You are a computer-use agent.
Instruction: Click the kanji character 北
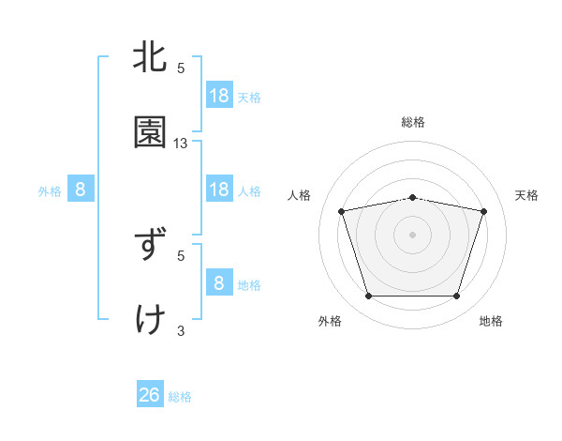coord(151,57)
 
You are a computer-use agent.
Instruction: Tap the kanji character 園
coord(151,132)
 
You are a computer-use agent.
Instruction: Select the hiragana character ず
coord(151,245)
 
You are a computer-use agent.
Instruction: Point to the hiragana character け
coord(151,320)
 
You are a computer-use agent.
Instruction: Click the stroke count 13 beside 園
coord(181,144)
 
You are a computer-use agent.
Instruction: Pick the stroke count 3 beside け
coord(181,330)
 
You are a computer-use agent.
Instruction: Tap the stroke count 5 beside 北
coord(181,68)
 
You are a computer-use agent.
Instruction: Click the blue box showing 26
coord(150,395)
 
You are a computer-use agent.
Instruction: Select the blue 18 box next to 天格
coord(219,95)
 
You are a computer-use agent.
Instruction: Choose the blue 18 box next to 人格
coord(219,189)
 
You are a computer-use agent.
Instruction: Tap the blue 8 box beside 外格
coord(81,190)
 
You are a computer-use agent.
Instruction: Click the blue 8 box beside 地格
coord(219,282)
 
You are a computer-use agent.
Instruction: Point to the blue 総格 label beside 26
coord(180,397)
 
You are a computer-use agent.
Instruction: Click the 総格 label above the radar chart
coord(413,122)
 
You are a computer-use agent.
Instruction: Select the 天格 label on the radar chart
coord(527,195)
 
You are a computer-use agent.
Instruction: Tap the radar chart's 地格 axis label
coord(491,321)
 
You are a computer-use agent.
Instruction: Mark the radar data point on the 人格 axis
coord(342,211)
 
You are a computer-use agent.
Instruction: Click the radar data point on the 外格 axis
coord(368,297)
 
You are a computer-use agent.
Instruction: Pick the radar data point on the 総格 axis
coord(413,197)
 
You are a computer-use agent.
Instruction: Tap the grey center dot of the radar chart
coord(413,235)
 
